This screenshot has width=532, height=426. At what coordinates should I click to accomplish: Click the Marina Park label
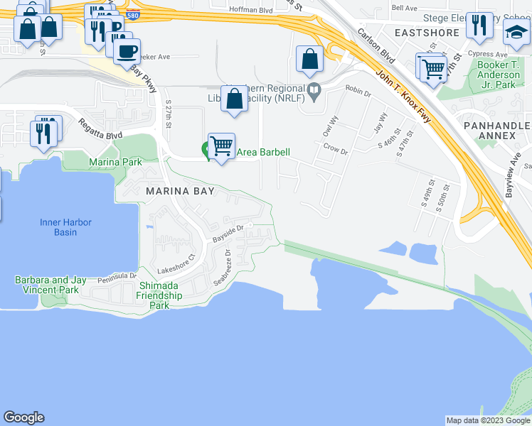point(116,163)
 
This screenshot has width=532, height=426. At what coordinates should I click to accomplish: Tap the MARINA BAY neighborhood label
point(176,192)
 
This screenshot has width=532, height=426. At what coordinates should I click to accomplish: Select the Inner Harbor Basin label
point(65,227)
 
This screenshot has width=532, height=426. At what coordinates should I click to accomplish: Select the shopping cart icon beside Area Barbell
point(222,146)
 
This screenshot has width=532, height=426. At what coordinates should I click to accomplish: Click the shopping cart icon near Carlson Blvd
point(432,68)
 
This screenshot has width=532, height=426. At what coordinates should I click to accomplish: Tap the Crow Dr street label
point(335,150)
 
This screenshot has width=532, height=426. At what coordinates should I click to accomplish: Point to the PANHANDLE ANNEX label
point(497,131)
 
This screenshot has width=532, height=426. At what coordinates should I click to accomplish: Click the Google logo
point(23,417)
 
